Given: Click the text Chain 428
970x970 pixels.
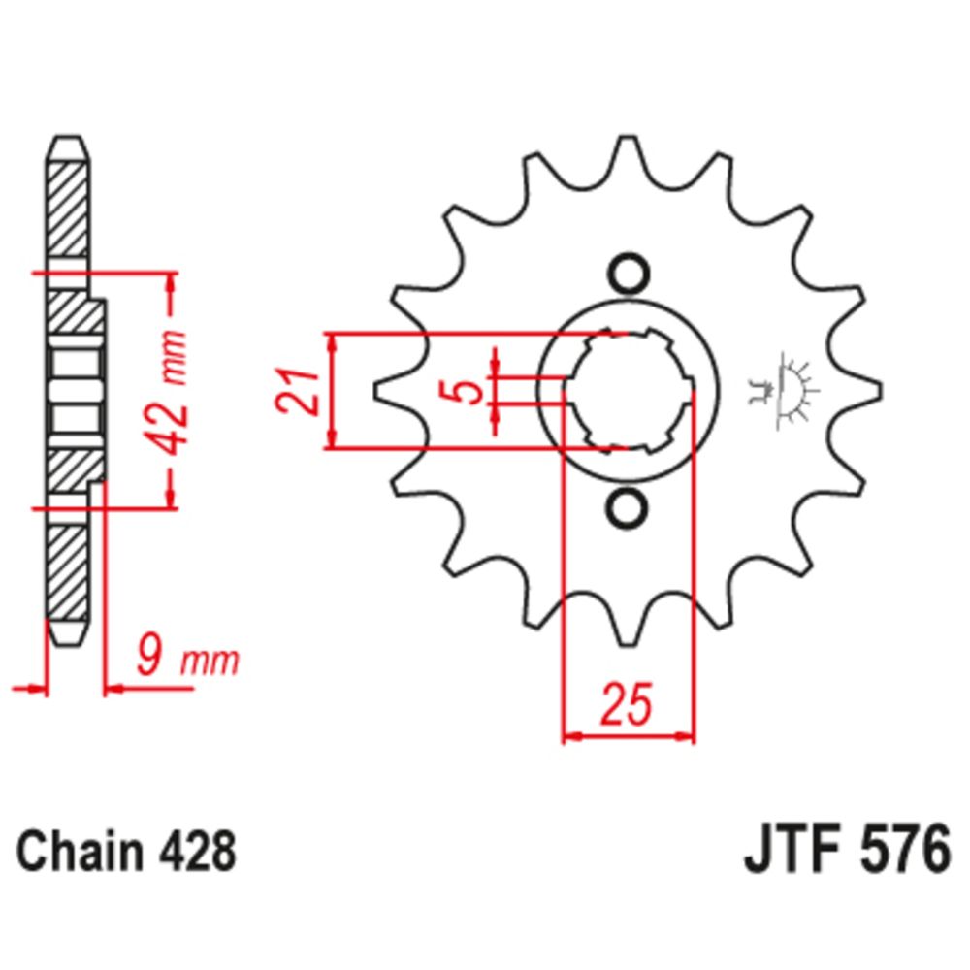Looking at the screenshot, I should pos(126,854).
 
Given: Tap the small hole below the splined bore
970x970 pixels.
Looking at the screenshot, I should pos(628,507).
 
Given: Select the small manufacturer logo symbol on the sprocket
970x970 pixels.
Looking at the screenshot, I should pos(786,392).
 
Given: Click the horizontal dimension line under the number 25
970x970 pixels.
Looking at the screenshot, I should pos(629,737).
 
